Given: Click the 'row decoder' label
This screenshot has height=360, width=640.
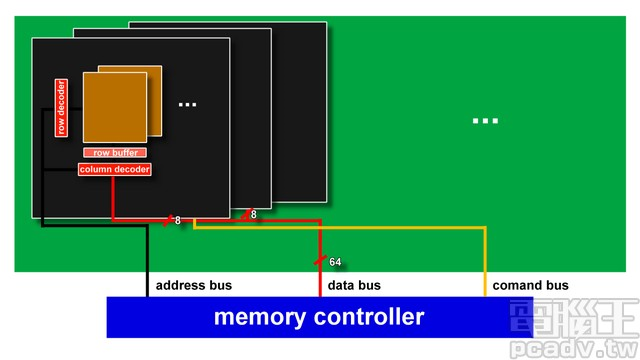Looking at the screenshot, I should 61,107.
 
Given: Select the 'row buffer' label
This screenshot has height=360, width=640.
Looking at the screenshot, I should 116,153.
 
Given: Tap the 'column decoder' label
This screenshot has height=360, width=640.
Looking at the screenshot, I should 115,170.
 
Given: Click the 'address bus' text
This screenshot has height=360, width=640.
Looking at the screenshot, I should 194,285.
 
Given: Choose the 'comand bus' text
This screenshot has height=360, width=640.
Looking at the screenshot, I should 530,285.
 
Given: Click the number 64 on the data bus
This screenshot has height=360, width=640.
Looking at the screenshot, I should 335,262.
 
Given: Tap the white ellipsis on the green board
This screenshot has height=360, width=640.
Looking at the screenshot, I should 485,121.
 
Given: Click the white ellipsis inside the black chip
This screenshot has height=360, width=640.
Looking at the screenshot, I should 187,104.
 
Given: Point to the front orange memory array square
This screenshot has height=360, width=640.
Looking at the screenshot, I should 115,107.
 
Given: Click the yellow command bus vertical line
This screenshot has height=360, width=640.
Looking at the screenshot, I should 486,260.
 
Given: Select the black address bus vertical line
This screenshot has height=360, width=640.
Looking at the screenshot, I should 147,260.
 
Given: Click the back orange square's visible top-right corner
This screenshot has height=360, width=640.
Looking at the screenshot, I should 160,68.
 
